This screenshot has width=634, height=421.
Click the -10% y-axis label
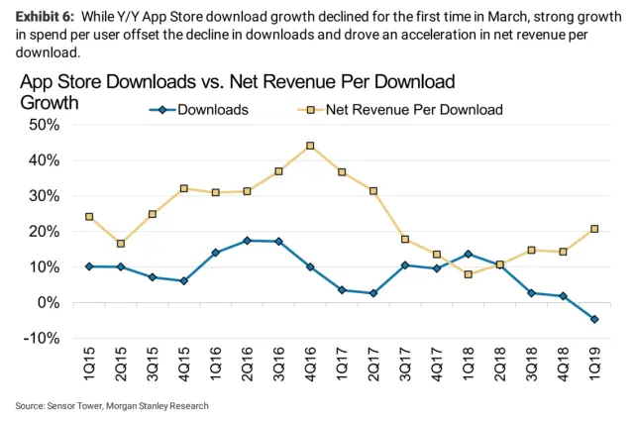39,339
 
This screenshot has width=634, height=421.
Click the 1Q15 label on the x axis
89,370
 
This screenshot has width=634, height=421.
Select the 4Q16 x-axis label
310,370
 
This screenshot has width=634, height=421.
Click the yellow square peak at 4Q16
310,146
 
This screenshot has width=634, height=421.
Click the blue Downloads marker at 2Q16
248,241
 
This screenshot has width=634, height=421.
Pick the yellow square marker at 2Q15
121,244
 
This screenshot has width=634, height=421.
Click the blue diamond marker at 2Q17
372,293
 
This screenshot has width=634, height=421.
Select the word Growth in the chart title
50,102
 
